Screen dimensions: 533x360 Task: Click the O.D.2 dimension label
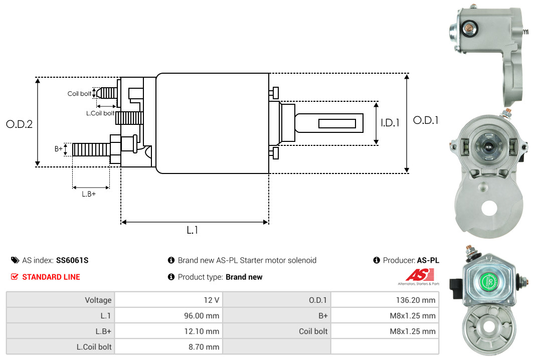20,124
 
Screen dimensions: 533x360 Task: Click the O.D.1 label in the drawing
426,120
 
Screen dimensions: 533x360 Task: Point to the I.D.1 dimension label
390,123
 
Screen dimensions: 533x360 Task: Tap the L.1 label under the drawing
193,230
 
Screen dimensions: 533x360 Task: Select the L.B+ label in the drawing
89,194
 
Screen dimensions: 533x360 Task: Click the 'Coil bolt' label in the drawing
79,93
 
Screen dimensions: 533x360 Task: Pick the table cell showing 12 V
168,300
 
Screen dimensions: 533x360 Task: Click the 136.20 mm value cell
385,300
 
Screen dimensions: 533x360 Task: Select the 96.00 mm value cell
168,315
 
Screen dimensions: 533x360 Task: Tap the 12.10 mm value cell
168,331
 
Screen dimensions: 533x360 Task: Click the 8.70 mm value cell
168,347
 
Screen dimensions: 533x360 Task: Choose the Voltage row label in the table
98,300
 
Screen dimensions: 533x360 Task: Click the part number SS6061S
72,260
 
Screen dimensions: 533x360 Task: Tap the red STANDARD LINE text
51,277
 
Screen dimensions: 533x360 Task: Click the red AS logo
420,275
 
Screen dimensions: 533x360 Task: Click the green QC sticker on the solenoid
489,281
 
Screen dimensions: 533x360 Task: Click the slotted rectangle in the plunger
337,123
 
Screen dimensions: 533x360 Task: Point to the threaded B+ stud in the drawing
91,149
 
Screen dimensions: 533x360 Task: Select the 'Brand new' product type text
244,277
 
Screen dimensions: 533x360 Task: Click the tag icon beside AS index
15,260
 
